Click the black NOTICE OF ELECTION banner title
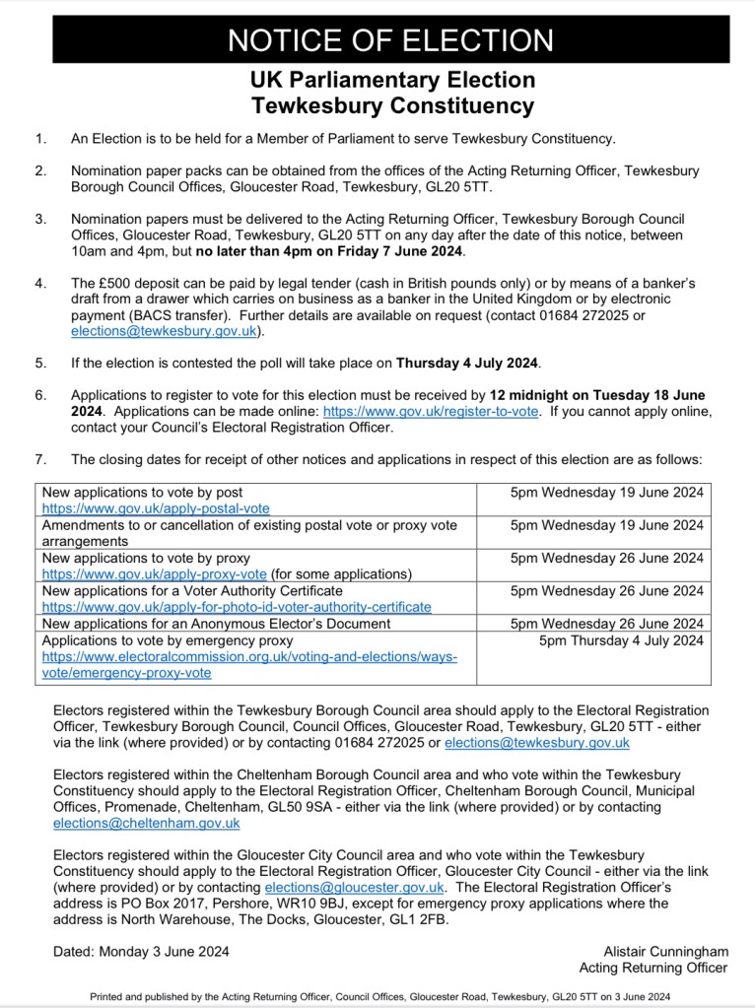390,40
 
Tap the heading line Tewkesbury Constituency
391,105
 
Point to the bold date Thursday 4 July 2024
467,364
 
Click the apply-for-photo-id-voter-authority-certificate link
237,607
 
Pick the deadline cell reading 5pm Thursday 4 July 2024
621,640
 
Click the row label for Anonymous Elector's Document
216,624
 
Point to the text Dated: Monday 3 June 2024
141,951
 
